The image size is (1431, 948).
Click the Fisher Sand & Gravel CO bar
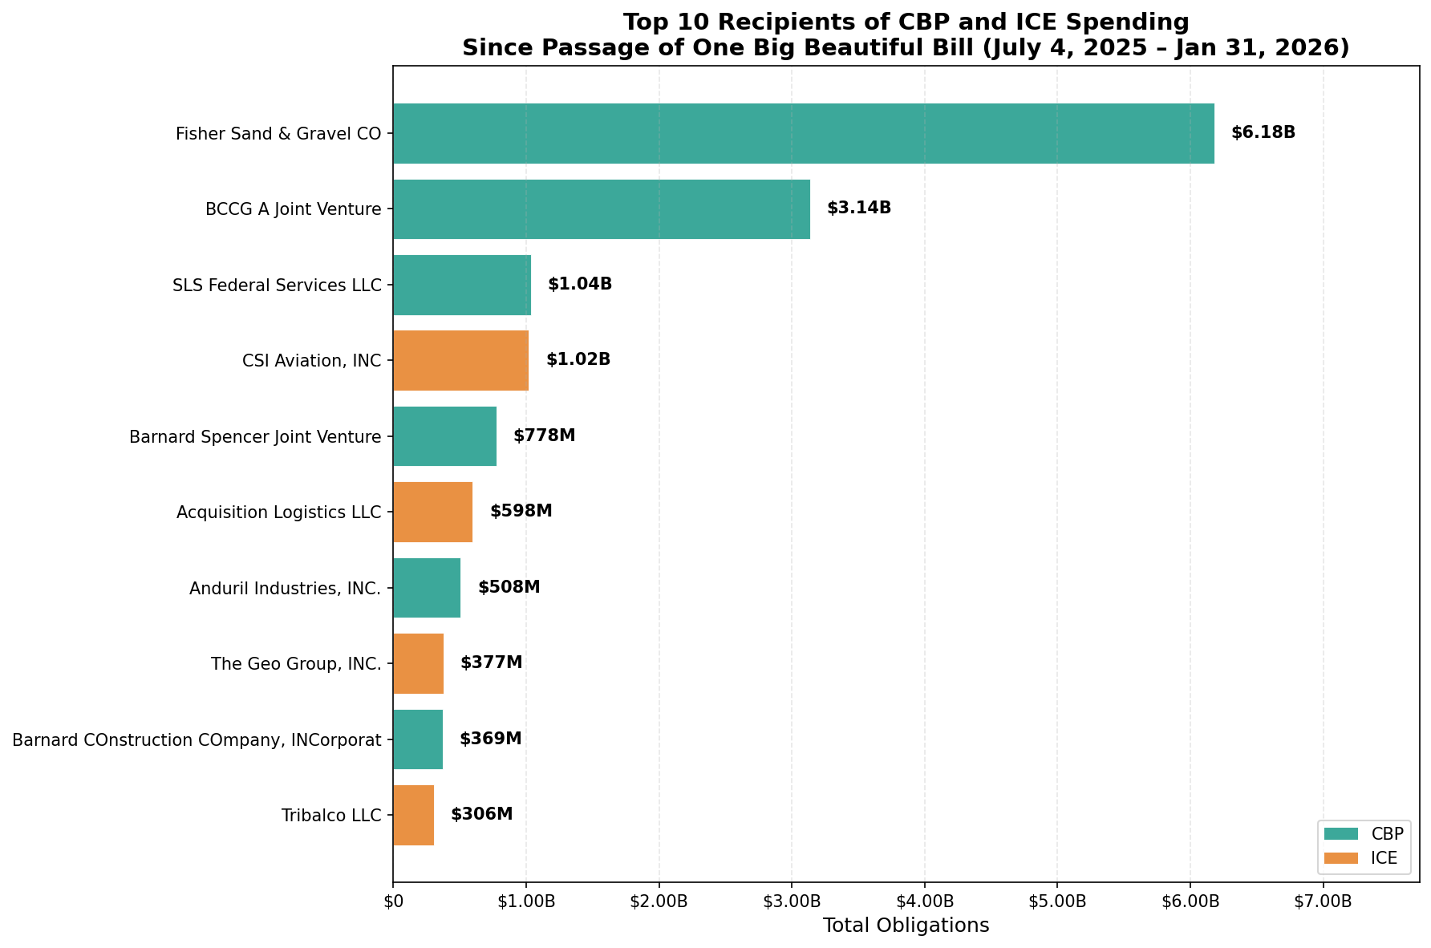pyautogui.click(x=803, y=133)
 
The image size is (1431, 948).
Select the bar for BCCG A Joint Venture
pyautogui.click(x=602, y=209)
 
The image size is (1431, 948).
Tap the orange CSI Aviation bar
pyautogui.click(x=460, y=361)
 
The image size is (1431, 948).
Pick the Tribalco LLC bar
pyautogui.click(x=413, y=816)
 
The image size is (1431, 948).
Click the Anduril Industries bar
pyautogui.click(x=427, y=588)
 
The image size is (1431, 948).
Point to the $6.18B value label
pyautogui.click(x=1263, y=133)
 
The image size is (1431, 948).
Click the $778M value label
pyautogui.click(x=545, y=436)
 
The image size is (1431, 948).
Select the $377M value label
pyautogui.click(x=492, y=663)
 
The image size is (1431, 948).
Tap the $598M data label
pyautogui.click(x=521, y=512)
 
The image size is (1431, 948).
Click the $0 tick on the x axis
pyautogui.click(x=393, y=901)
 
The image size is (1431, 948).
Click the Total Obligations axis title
pyautogui.click(x=906, y=926)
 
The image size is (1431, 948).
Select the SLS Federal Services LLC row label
pyautogui.click(x=277, y=286)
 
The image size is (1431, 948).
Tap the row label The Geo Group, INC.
pyautogui.click(x=296, y=664)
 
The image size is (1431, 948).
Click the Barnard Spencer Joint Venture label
pyautogui.click(x=255, y=437)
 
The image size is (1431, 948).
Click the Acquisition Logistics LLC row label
pyautogui.click(x=278, y=512)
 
